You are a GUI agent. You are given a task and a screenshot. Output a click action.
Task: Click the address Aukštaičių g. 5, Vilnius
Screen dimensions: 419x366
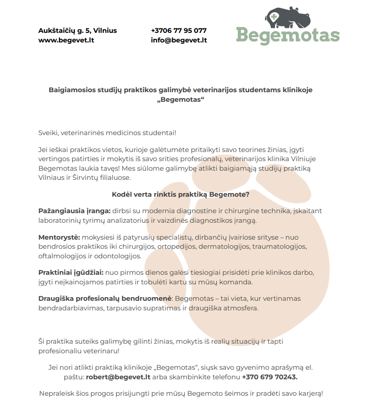[x=78, y=31]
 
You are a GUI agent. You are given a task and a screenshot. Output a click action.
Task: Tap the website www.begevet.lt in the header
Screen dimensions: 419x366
[x=66, y=40]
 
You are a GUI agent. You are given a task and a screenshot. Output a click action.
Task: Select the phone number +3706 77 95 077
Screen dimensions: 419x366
[x=178, y=31]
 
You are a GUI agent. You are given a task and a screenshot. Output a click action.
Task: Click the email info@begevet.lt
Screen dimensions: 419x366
[x=178, y=40]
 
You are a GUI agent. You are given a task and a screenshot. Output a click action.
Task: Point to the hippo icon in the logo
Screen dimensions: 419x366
[x=288, y=17]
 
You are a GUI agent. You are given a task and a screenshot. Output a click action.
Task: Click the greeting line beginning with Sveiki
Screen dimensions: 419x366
[x=107, y=132]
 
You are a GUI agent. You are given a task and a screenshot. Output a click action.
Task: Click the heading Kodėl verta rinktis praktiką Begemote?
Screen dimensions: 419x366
[x=180, y=194]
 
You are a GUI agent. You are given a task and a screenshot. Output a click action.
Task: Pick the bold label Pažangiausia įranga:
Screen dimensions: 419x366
[x=74, y=211]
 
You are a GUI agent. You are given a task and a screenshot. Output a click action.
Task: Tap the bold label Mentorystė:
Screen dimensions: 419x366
[x=59, y=237]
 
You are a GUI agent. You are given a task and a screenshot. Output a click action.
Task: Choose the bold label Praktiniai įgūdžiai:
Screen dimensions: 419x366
[x=71, y=272]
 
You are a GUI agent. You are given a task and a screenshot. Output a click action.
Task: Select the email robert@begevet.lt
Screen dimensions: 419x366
[x=118, y=377]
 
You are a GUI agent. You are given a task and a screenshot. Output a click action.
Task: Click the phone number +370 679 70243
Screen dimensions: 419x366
[x=269, y=377]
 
